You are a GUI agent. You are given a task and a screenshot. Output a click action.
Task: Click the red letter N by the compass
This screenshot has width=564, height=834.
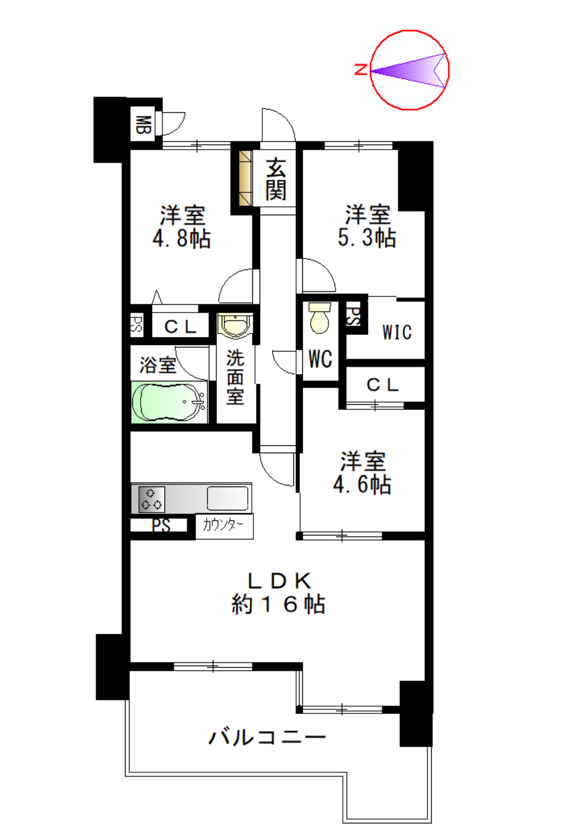(x=361, y=70)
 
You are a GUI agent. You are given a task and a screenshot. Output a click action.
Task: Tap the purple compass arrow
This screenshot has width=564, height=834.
(x=414, y=71)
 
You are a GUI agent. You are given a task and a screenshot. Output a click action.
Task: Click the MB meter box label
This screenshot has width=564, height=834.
(x=143, y=125)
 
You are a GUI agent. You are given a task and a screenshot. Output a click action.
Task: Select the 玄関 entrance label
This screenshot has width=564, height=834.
(x=276, y=179)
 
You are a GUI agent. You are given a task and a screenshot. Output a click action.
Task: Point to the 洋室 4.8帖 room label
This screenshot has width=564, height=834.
(x=182, y=227)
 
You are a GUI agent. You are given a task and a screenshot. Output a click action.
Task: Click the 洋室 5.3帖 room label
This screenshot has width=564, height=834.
(x=367, y=226)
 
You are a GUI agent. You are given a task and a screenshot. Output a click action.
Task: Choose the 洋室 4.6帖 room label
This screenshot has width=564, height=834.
(x=362, y=473)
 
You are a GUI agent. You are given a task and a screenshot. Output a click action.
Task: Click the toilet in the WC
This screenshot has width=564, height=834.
(x=320, y=319)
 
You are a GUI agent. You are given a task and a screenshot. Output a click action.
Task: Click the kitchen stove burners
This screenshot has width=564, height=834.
(x=151, y=499)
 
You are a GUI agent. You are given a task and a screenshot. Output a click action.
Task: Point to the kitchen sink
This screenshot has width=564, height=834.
(x=227, y=498)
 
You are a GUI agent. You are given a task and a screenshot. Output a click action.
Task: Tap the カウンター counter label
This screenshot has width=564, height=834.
(x=223, y=524)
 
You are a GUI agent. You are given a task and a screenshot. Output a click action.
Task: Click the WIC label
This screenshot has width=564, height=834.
(x=397, y=332)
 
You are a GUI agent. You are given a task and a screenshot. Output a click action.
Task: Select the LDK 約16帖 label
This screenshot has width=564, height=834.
(x=278, y=593)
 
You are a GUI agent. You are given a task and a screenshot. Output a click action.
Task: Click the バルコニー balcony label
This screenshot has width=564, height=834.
(x=267, y=737)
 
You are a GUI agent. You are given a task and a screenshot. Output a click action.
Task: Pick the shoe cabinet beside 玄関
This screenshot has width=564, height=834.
(x=245, y=178)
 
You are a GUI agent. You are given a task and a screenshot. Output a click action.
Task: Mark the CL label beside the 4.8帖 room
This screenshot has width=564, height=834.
(x=180, y=326)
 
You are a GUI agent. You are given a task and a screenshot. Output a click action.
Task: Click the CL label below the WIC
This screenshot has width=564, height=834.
(x=382, y=385)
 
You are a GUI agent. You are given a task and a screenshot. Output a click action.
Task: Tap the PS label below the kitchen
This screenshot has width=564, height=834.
(x=161, y=525)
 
